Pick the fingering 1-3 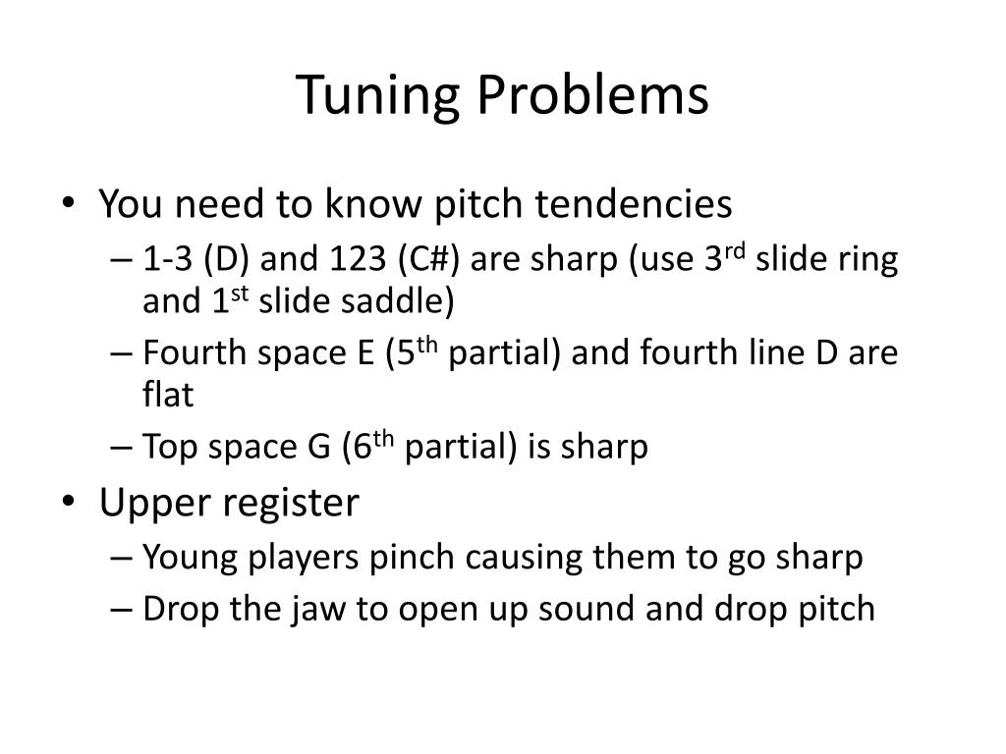point(167,260)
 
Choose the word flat point(168,395)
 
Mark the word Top point(168,449)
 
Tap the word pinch point(413,558)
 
